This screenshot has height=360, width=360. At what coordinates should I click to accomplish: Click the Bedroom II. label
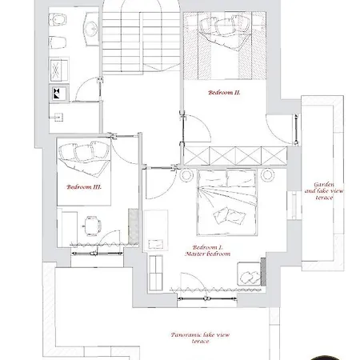coord(224,93)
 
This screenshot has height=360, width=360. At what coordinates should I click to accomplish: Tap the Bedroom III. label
coord(84,187)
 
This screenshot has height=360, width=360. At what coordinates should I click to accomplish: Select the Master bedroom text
coord(208,254)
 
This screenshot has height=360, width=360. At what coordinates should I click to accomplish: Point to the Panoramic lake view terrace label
coord(200,338)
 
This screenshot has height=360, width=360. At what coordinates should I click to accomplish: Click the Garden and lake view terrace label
coord(324,191)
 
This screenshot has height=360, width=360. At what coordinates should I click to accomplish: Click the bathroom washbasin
coord(91,29)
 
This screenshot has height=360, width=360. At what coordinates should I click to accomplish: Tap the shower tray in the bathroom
coord(59,70)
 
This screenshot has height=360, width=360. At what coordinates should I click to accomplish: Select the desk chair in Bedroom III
coord(92,226)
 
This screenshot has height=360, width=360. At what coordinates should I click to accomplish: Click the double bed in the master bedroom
coord(227,202)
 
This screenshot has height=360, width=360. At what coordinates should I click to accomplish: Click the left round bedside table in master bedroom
coord(186,175)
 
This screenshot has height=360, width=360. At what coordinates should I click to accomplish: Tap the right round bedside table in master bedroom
coord(267,175)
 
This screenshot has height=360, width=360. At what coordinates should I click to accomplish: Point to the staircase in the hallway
coord(142,40)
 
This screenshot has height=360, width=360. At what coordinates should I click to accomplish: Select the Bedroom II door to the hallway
coord(196,129)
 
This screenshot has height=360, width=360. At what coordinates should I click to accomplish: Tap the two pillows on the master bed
coord(229,216)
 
